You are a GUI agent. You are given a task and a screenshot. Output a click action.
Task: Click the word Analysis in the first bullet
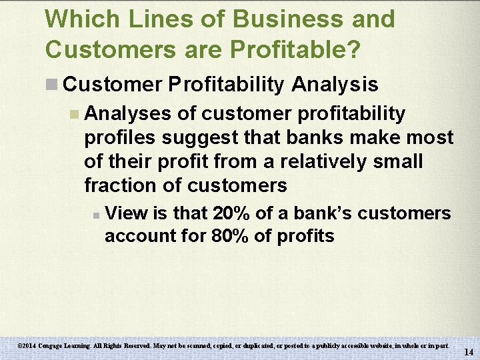(335, 84)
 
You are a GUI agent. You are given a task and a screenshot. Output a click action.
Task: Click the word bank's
(321, 213)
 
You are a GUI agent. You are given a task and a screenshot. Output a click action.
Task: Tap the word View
(125, 213)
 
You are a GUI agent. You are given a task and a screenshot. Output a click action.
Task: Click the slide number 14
(468, 351)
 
